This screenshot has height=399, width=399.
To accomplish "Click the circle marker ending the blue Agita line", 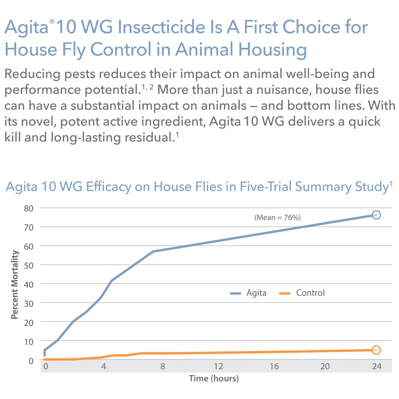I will pyautogui.click(x=376, y=215).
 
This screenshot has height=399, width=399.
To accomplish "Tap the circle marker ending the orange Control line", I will pyautogui.click(x=376, y=350).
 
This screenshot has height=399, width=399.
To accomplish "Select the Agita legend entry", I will pyautogui.click(x=248, y=293).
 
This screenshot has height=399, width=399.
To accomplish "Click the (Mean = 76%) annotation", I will pyautogui.click(x=277, y=217).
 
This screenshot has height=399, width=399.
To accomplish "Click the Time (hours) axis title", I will pyautogui.click(x=213, y=378).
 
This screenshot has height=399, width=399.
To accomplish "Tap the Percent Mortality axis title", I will pyautogui.click(x=15, y=284).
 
